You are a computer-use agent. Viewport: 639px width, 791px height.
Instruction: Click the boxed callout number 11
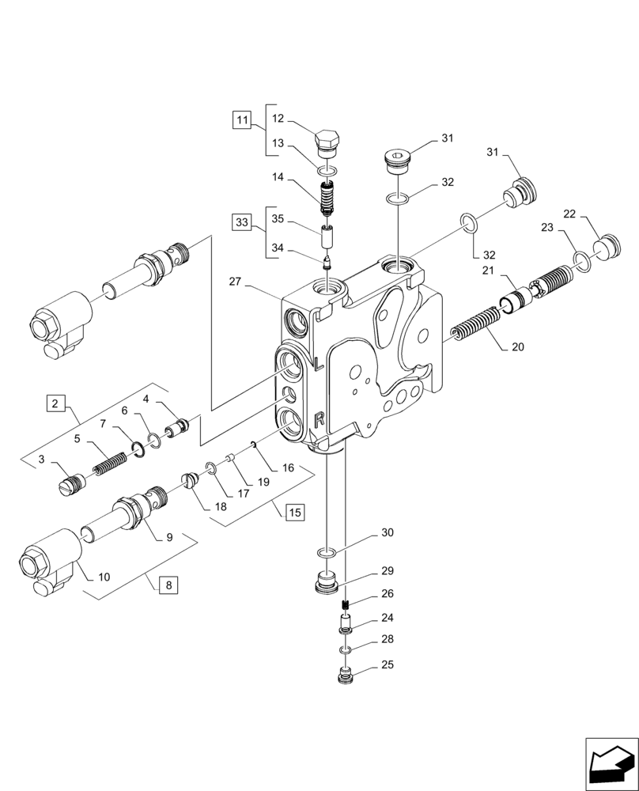[242, 121]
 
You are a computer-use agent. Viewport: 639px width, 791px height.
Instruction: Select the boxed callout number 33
[242, 221]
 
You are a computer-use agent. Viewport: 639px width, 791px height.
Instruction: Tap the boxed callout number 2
[54, 404]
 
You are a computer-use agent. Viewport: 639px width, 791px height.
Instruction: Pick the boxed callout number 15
[294, 513]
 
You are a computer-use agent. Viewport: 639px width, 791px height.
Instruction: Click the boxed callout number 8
[168, 586]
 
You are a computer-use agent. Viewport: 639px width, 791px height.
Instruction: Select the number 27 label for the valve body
[234, 281]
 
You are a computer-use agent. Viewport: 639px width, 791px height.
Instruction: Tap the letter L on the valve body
[316, 365]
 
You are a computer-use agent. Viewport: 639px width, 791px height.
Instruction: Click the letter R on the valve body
[318, 419]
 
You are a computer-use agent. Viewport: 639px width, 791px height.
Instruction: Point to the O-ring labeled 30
[326, 551]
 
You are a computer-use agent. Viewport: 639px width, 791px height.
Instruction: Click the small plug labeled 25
[345, 677]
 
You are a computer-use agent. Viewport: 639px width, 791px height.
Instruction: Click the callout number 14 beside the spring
[278, 179]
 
